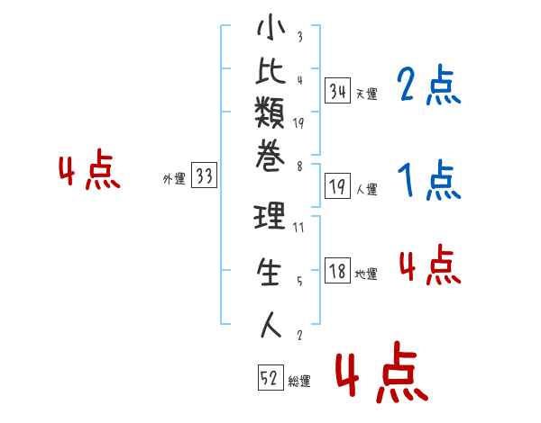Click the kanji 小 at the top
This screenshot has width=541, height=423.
pos(270,27)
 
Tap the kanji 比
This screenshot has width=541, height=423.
pos(270,70)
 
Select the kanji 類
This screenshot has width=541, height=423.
pos(270,112)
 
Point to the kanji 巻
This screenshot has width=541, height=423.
pos(270,156)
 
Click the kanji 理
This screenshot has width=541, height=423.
pos(270,216)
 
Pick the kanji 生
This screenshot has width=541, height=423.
pos(269,272)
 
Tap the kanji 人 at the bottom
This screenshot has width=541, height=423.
pos(270,325)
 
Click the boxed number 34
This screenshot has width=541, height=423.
pos(337,91)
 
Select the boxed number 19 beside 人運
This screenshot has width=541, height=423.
pos(337,186)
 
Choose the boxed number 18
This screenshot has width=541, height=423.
pos(337,270)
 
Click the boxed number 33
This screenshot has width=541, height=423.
pos(204,175)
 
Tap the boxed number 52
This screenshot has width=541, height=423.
pos(270,377)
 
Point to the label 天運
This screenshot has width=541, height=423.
pos(367,94)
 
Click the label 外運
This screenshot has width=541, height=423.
pos(174,179)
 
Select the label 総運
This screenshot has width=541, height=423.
pos(299,381)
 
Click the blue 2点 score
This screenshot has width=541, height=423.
pos(429,85)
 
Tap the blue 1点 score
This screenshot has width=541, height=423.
pos(429,179)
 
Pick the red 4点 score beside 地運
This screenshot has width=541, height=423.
pos(430,265)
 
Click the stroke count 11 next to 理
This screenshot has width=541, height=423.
pos(298,228)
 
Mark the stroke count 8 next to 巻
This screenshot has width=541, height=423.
pos(299,166)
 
